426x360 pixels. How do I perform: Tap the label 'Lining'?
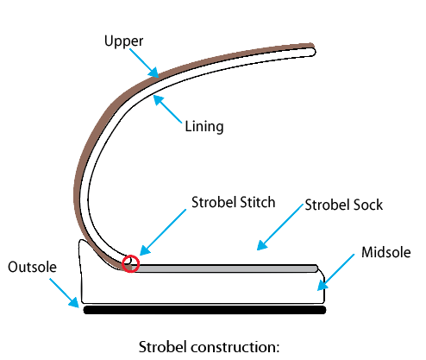click(204, 127)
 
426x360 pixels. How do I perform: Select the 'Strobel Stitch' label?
click(233, 203)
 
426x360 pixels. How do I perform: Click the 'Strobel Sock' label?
click(345, 205)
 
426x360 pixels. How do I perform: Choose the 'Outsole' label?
click(32, 268)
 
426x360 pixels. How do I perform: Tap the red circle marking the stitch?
click(131, 263)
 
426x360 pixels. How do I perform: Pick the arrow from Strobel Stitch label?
click(161, 233)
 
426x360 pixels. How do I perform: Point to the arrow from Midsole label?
click(337, 270)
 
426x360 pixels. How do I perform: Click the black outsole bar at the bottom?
click(204, 308)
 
